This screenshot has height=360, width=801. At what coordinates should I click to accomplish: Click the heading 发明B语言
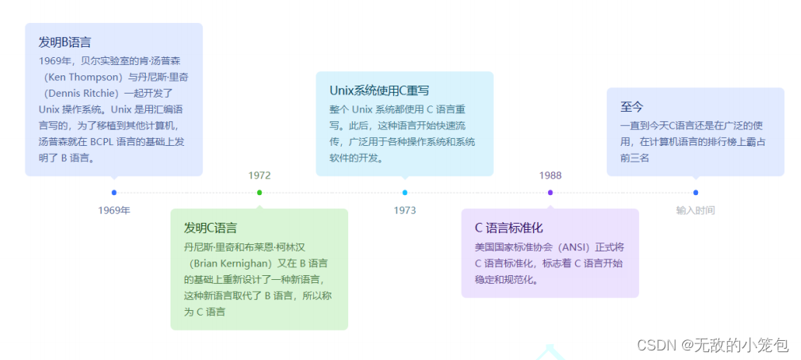point(64,42)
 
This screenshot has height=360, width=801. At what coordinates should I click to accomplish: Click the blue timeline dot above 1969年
point(114,193)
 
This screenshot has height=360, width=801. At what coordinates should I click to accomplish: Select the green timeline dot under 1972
point(259,193)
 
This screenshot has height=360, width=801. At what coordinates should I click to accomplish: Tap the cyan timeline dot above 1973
point(404,193)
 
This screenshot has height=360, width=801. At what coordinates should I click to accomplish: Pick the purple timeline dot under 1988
point(550,193)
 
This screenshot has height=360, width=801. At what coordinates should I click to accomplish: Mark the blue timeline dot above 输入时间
point(696,193)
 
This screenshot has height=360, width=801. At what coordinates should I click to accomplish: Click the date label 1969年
point(114,210)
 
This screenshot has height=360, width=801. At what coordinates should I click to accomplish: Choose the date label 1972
point(259,175)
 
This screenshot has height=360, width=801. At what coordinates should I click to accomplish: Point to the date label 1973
point(404,210)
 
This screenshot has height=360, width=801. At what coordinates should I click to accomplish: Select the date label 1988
point(550,175)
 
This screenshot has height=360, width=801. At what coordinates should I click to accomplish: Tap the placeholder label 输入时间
point(696,210)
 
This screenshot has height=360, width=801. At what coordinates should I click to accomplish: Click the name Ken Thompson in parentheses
point(82,77)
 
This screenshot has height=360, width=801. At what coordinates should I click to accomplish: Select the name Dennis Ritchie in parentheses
point(82,93)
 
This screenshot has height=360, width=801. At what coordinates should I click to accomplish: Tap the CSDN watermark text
point(701,345)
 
